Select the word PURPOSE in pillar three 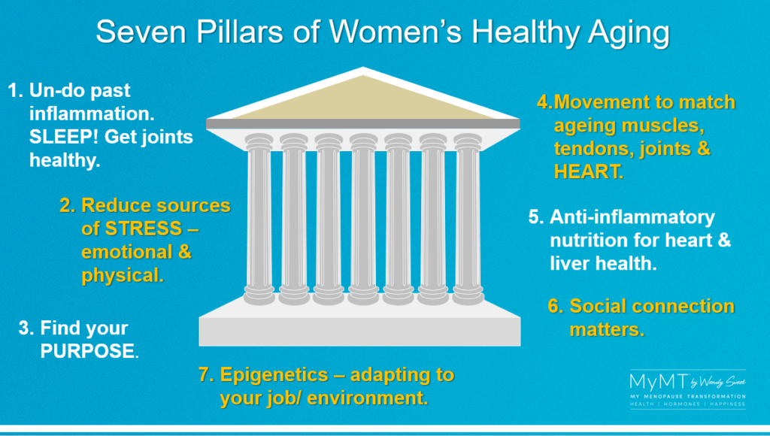[89, 351]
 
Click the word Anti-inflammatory [632, 217]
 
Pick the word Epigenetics [274, 374]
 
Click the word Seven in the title [141, 32]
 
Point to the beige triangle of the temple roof [363, 100]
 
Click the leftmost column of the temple [259, 219]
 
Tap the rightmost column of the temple [468, 219]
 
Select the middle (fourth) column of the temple [363, 219]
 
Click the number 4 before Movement [542, 102]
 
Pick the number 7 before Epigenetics [205, 374]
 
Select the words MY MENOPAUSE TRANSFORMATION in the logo [687, 396]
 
